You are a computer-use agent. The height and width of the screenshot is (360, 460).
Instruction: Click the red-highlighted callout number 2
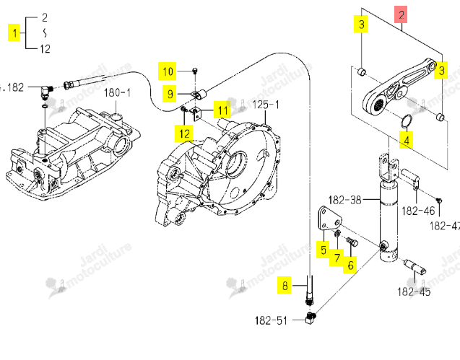coord(401,14)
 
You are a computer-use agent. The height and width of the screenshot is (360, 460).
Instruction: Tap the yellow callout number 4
coord(407,140)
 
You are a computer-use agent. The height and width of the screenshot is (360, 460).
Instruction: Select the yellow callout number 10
coord(168,71)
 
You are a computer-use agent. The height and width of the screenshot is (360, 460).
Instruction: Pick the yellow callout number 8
coord(285,285)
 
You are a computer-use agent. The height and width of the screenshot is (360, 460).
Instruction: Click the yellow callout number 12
coord(184,133)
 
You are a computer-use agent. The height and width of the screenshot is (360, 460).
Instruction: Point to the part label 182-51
coord(271,320)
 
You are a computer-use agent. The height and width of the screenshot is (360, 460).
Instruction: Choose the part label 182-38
coord(344,201)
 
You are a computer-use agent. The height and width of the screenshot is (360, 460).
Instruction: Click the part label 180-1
coord(117,92)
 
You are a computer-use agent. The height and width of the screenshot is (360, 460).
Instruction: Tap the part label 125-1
coord(266,105)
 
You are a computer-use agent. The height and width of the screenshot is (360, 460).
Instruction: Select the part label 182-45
coord(414,291)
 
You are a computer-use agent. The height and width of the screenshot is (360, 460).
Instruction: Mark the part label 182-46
coord(418,211)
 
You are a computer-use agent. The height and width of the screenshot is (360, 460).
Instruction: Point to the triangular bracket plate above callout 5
coord(330,219)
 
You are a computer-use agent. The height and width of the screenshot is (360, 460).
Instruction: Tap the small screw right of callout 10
coord(194,70)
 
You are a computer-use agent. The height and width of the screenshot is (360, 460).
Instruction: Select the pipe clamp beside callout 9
coord(199,95)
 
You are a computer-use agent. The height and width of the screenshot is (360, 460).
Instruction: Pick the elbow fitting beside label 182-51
coord(310,318)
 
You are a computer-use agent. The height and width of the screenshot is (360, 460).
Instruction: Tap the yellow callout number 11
coord(222,110)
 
